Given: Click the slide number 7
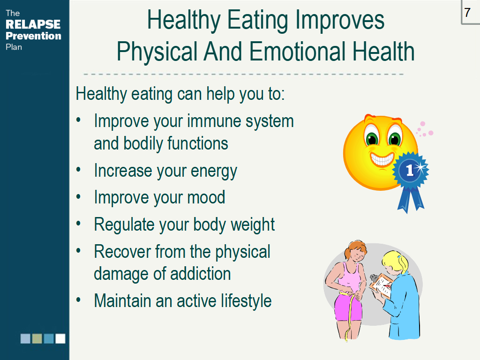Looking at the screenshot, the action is tap(467, 13).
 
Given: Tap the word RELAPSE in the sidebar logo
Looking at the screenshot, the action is tap(33, 24).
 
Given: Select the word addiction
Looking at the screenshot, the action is tap(201, 273).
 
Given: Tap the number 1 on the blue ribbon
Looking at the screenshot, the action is tap(409, 170).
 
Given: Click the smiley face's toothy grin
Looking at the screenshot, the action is tap(382, 159).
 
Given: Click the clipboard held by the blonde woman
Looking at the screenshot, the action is tap(381, 285).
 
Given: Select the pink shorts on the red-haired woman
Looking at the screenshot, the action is tap(349, 307).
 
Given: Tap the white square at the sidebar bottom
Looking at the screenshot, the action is tap(60, 338).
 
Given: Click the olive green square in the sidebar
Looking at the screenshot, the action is tap(37, 338).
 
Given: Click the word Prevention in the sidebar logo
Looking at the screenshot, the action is tap(33, 36).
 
